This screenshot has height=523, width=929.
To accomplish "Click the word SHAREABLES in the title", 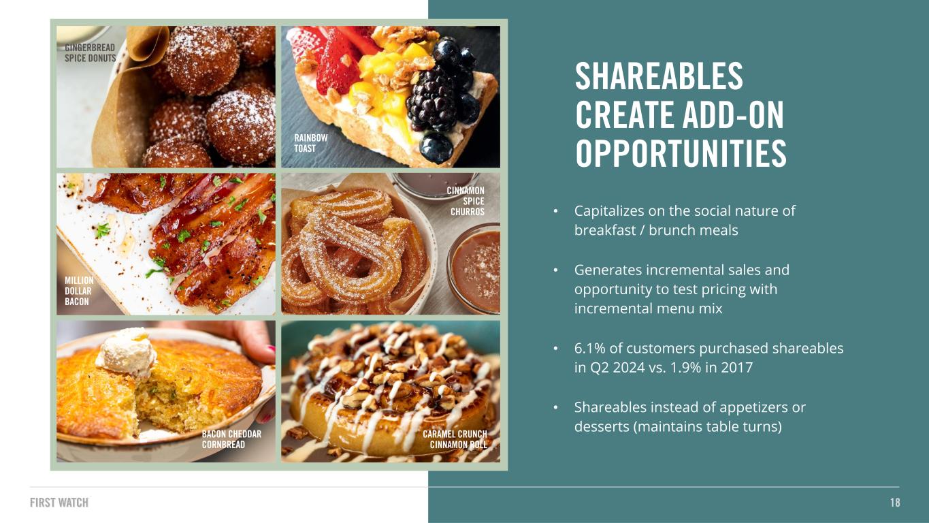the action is [659, 76].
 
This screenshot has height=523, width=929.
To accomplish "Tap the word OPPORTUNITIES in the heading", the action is [681, 153].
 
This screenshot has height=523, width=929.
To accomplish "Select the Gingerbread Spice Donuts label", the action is [90, 53].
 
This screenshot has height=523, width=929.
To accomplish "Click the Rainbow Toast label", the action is [311, 143].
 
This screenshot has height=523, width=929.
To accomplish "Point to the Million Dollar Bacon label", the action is [79, 291].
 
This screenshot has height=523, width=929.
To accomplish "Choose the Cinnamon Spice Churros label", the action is [466, 201].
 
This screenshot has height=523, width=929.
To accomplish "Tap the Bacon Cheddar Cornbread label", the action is [231, 439].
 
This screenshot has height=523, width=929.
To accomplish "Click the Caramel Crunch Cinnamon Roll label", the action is [455, 439].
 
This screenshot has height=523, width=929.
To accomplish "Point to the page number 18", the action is [895, 503].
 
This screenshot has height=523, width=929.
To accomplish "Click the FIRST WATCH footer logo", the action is [59, 503].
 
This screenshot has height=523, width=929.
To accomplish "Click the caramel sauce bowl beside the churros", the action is [475, 269].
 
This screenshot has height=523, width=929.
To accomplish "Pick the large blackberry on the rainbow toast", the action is [431, 99].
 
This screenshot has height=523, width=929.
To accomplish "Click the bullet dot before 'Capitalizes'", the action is [556, 211].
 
